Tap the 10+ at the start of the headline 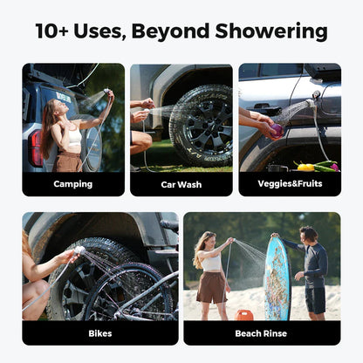tap(58, 32)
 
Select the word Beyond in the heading tap(176, 32)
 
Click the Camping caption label tap(73, 184)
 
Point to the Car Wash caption tap(181, 184)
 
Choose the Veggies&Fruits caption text tap(289, 184)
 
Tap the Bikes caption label tap(99, 332)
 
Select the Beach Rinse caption tap(261, 332)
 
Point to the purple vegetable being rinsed tap(277, 132)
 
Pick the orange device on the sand tap(247, 315)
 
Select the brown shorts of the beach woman tap(211, 285)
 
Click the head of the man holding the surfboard tap(308, 235)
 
